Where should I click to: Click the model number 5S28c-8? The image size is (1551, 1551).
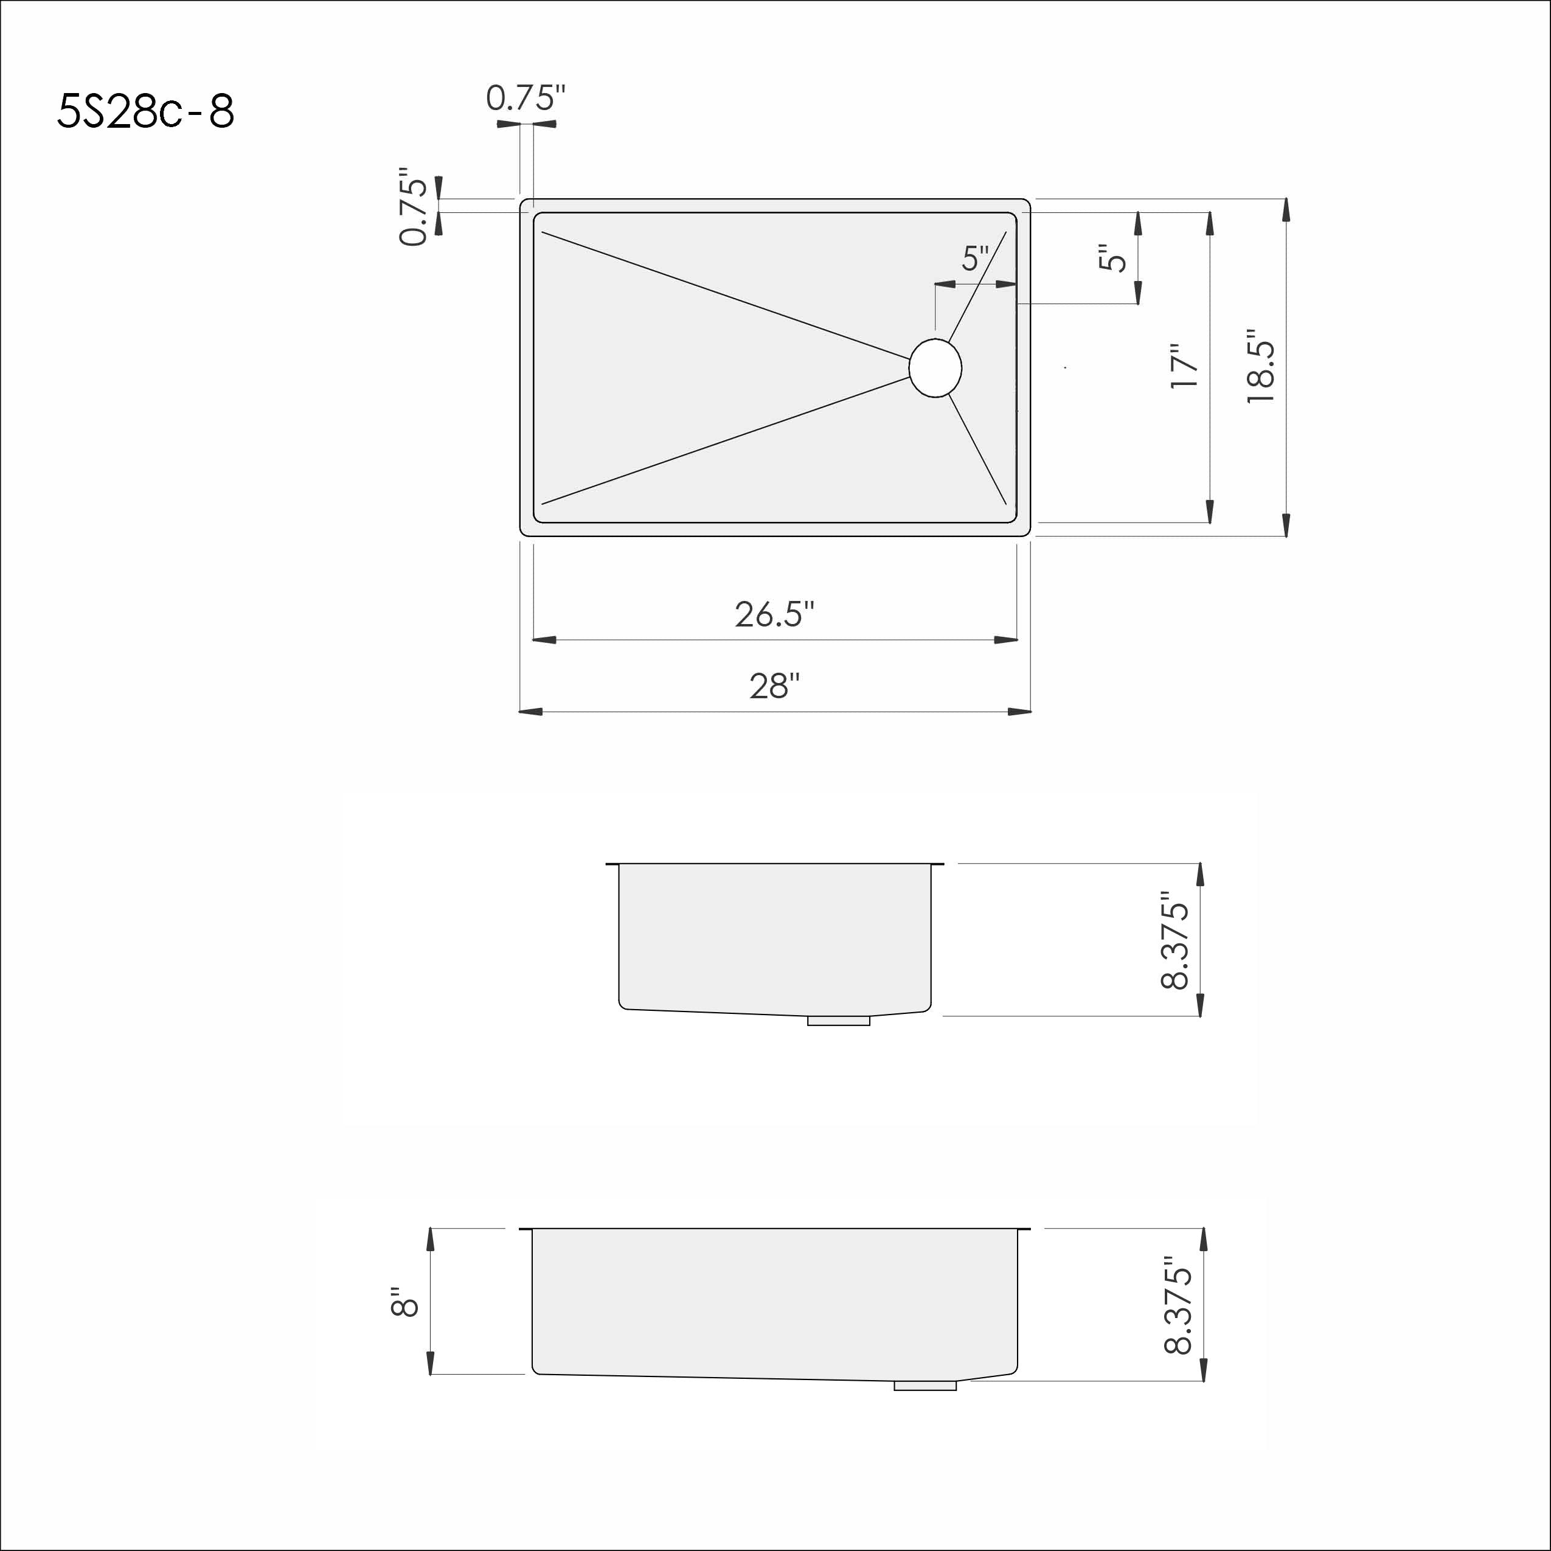tap(145, 111)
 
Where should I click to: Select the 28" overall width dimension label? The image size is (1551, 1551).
tap(775, 685)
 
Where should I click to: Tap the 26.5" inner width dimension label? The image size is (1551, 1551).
tap(775, 614)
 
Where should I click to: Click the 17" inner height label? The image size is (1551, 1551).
tap(1184, 366)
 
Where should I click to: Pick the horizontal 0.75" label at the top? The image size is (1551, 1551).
tap(526, 98)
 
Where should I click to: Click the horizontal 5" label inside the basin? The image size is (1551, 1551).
tap(976, 258)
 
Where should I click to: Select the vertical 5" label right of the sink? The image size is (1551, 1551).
tap(1112, 258)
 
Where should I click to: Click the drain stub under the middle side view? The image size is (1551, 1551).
tap(838, 1021)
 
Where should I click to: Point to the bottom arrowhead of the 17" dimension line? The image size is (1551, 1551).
tap(1210, 512)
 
